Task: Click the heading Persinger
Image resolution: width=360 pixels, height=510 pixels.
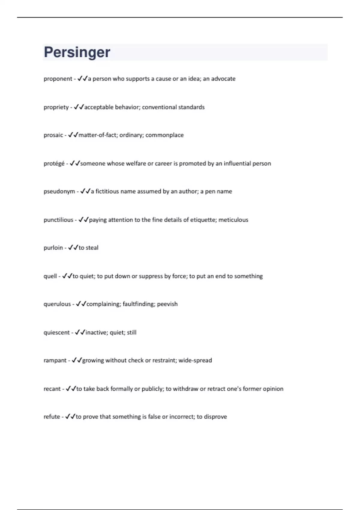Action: tap(77, 52)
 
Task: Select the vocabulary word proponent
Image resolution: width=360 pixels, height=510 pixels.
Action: tap(58, 79)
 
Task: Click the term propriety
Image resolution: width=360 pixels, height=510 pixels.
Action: tap(56, 107)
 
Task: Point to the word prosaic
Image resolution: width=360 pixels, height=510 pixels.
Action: tap(53, 135)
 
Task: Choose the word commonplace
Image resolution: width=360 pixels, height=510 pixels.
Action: tap(164, 135)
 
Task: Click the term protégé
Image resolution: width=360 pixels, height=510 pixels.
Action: tap(54, 163)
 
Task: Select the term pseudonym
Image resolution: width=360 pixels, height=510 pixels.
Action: tap(59, 191)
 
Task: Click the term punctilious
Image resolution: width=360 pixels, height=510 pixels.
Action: tap(58, 220)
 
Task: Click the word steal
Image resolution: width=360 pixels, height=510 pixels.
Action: tap(92, 248)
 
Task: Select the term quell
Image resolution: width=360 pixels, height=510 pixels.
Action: tap(50, 276)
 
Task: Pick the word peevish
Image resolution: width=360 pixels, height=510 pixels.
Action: tap(167, 304)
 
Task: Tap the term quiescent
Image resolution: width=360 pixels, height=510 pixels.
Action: tap(57, 333)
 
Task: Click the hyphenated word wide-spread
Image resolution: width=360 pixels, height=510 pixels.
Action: tap(195, 360)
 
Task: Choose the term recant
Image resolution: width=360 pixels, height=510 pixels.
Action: tap(52, 389)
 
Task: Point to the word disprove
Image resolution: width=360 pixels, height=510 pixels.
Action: tap(215, 417)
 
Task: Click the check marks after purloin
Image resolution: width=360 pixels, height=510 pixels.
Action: tap(73, 247)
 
